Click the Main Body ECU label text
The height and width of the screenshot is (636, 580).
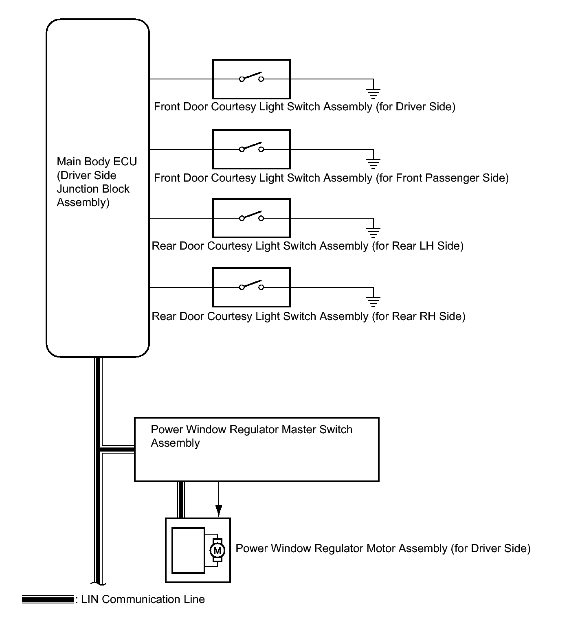[x=97, y=182]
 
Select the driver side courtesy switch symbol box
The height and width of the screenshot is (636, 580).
[x=251, y=79]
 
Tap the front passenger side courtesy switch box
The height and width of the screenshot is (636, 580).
[x=251, y=149]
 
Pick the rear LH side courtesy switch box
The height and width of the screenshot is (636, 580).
[x=251, y=218]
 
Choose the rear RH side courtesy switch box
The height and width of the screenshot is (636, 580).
[x=251, y=287]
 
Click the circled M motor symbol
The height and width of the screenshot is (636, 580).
[x=217, y=550]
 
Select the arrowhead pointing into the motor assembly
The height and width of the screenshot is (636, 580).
[x=219, y=511]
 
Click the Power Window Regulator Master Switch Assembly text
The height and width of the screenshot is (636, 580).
[x=251, y=436]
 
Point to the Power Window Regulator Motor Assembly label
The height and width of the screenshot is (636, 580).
[x=383, y=548]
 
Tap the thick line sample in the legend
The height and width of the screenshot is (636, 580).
[x=48, y=599]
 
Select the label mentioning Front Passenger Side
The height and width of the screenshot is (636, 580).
[x=331, y=178]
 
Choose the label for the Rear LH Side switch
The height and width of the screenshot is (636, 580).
[x=308, y=246]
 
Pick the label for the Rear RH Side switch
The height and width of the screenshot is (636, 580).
[x=308, y=316]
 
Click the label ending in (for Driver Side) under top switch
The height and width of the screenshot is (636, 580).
[x=304, y=107]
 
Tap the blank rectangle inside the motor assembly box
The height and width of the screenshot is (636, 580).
[x=188, y=550]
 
